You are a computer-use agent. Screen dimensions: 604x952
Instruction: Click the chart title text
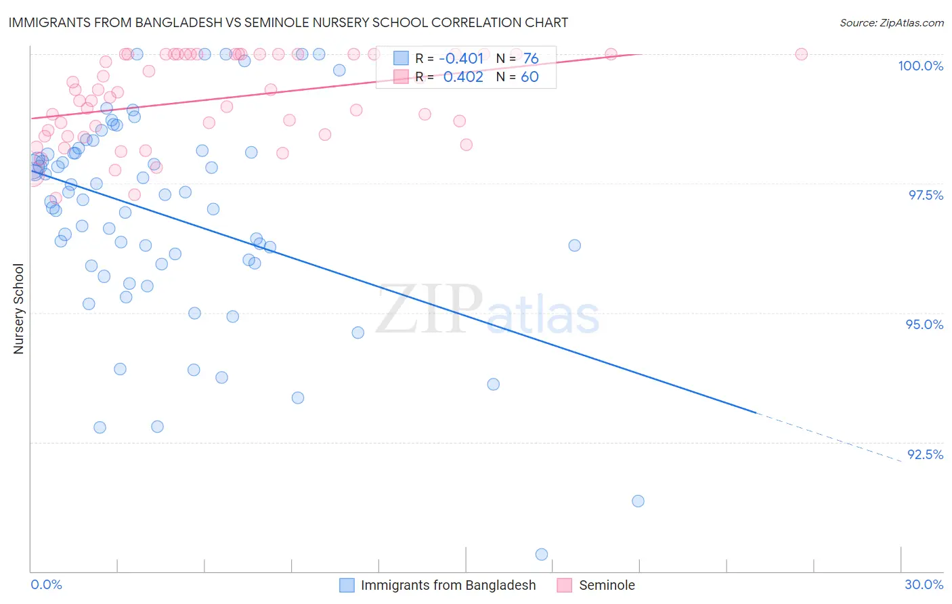coord(288,22)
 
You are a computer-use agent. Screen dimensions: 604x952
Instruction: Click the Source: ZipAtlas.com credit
coord(891,22)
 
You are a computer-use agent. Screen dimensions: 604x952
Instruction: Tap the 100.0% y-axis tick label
coord(920,66)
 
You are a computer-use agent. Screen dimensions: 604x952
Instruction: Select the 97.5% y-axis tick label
coord(925,195)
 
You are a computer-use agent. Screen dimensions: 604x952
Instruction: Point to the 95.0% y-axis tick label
coord(924,324)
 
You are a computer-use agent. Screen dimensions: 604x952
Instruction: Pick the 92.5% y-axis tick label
coord(925,454)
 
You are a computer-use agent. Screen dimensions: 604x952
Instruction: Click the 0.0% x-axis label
coord(46,584)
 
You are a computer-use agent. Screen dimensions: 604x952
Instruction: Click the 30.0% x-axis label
coord(924,584)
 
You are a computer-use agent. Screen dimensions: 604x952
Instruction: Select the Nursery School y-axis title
coord(19,309)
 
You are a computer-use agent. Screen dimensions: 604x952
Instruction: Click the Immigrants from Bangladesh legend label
coord(448,585)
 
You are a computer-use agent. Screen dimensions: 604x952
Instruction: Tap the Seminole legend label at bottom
coord(607,585)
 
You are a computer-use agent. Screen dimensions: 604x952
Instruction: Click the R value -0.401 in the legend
coord(461,58)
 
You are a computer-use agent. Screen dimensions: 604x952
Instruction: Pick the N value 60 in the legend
coord(529,77)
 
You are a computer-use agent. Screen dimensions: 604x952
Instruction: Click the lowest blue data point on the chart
coord(542,555)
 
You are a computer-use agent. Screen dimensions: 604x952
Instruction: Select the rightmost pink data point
coord(801,54)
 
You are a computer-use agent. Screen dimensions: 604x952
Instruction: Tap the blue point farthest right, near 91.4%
coord(638,501)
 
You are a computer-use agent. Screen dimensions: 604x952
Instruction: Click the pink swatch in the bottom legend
coord(565,585)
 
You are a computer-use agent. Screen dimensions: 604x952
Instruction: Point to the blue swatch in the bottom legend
coord(347,585)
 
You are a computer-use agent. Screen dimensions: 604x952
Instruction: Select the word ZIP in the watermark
coord(429,310)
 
